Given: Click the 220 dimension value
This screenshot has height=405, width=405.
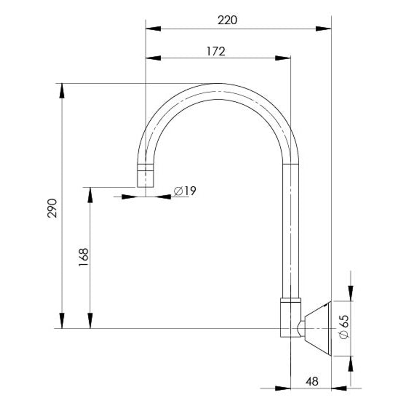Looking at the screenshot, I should pos(227,20).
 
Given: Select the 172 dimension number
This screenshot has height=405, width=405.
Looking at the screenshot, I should pos(216,51).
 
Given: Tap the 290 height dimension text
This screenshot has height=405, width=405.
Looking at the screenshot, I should pos(52,208).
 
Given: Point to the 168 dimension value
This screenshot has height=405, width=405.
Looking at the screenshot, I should pos(84,257).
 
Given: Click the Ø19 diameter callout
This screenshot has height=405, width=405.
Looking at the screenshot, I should pos(185,191).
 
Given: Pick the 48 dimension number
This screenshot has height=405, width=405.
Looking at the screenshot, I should pos(312,381).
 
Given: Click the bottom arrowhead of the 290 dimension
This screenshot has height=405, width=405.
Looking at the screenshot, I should pos(62,321).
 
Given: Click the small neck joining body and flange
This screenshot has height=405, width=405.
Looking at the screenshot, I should pos(301,328).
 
